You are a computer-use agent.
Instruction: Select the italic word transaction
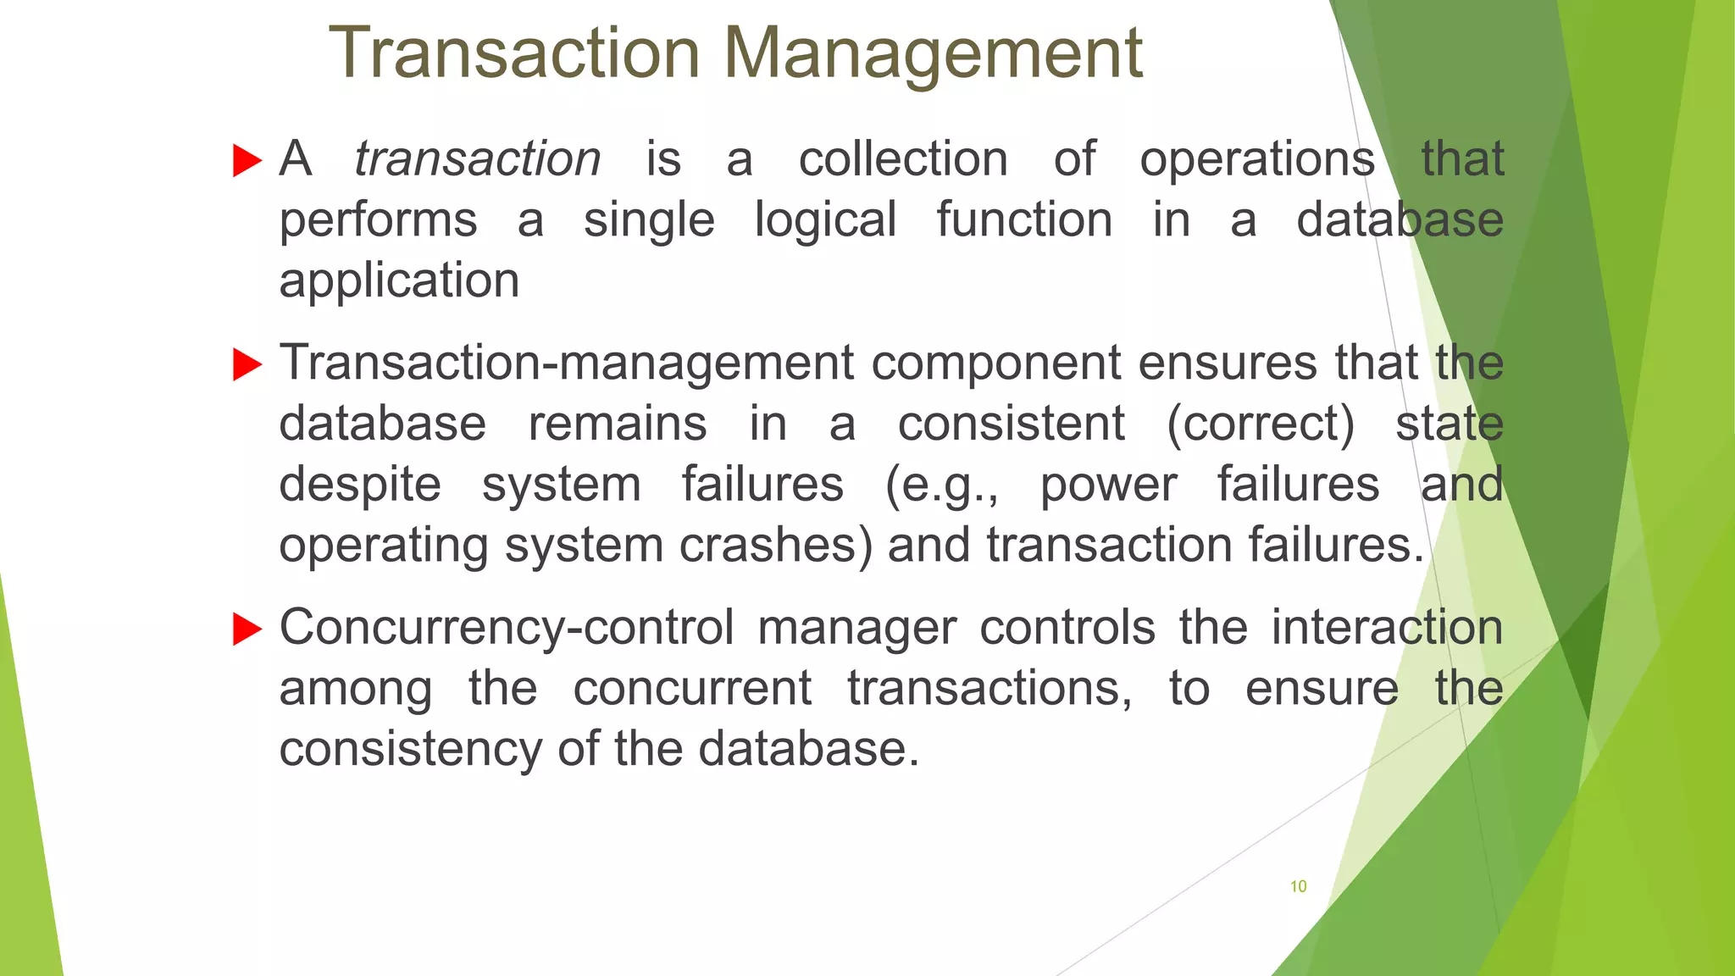click(x=477, y=159)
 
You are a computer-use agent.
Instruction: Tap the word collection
click(x=903, y=159)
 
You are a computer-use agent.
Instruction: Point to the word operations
click(x=1257, y=159)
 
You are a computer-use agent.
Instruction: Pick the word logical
click(x=825, y=220)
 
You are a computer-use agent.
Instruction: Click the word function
click(x=1024, y=220)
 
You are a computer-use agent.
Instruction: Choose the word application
click(x=399, y=281)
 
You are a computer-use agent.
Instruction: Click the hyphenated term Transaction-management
click(x=567, y=363)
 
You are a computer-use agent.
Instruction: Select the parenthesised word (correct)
click(x=1261, y=424)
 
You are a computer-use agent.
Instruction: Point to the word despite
click(x=360, y=485)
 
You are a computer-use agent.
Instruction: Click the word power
click(x=1108, y=485)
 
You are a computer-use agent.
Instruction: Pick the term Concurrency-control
click(x=507, y=629)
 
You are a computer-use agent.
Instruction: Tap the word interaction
click(x=1387, y=629)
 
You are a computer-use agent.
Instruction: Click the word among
click(x=355, y=689)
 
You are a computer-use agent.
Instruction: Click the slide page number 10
click(x=1298, y=887)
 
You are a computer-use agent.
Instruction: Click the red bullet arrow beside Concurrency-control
click(x=247, y=629)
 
